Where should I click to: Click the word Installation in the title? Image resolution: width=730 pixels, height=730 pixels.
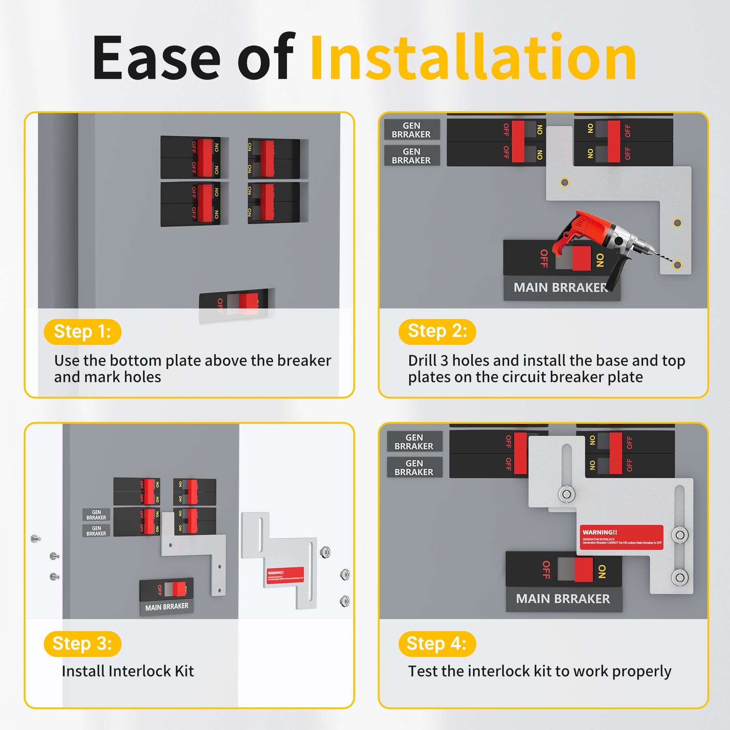[473, 58]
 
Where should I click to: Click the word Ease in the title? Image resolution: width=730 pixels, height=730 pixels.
[156, 58]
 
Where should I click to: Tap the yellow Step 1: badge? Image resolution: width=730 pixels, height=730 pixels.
[82, 332]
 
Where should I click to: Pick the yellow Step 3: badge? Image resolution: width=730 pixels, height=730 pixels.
[82, 644]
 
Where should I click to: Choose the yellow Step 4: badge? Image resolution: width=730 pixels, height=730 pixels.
[437, 644]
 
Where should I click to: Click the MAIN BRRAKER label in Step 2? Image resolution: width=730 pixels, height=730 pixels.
[561, 288]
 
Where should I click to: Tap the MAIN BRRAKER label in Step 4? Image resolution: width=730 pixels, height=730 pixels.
[563, 599]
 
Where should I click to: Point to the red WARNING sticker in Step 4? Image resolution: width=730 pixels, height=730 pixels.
[621, 537]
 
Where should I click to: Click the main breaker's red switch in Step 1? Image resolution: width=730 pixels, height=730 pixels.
[248, 303]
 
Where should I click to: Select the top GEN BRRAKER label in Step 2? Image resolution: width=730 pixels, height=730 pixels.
[411, 130]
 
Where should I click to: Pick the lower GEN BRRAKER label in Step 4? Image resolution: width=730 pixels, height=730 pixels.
[414, 468]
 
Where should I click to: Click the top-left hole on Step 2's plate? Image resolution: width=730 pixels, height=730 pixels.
[565, 182]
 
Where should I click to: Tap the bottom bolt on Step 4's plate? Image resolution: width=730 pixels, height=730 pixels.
[680, 578]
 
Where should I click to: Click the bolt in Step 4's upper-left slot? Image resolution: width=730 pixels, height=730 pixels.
[567, 494]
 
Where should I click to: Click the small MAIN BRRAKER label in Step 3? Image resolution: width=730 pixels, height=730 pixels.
[167, 607]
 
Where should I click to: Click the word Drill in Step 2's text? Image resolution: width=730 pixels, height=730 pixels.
[422, 361]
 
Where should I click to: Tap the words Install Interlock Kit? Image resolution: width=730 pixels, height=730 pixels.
[128, 671]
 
